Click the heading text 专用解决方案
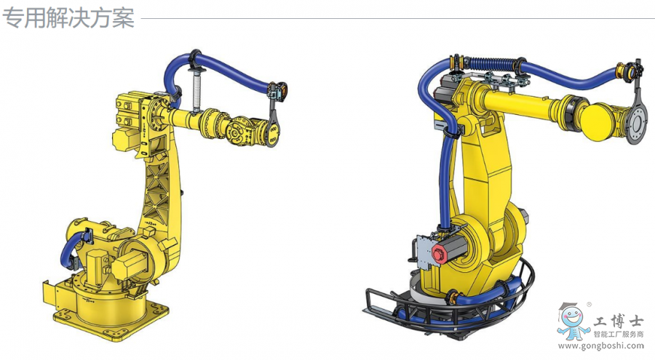[68, 18]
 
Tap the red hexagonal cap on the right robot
[439, 253]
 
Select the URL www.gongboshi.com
[600, 345]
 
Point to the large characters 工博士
[617, 321]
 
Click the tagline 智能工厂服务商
[618, 335]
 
